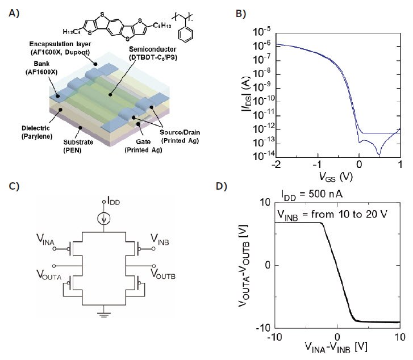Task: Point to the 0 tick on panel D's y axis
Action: click(269, 265)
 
